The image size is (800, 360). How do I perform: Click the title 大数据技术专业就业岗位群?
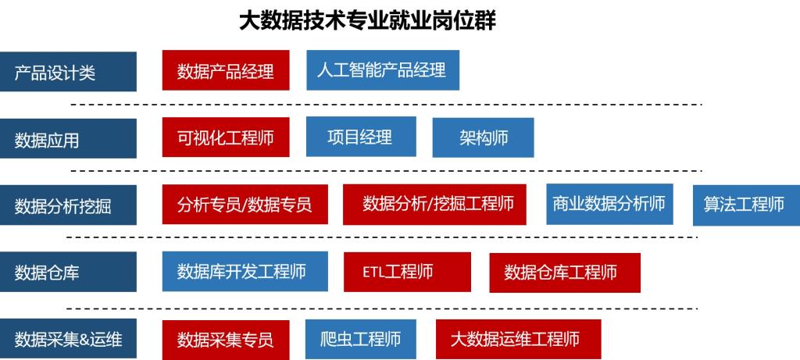(367, 20)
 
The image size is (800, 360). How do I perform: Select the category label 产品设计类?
(68, 73)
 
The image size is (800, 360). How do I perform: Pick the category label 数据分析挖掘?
(68, 205)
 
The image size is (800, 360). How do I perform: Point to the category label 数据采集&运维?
(68, 339)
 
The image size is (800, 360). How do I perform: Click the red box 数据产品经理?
(226, 71)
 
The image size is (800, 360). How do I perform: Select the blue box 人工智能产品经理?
(382, 70)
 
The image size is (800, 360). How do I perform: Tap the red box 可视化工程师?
(226, 138)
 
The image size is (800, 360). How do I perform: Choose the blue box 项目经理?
(360, 137)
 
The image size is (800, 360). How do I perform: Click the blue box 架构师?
(483, 138)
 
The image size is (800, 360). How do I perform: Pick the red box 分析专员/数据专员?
(245, 205)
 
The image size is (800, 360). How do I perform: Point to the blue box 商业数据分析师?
(609, 204)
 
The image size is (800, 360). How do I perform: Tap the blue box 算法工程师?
(745, 205)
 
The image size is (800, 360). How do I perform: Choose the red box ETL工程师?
(407, 272)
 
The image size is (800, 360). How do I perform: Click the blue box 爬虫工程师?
(360, 339)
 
